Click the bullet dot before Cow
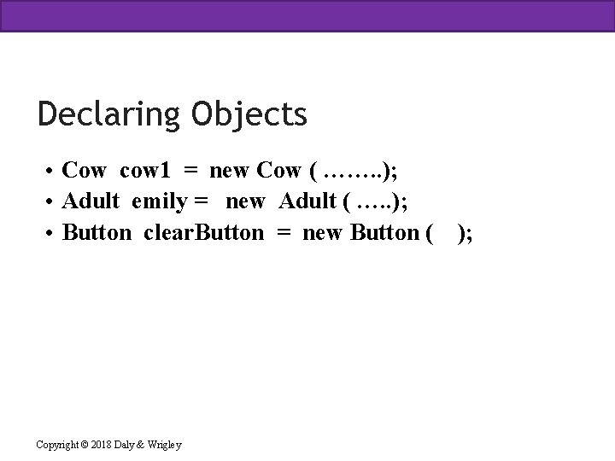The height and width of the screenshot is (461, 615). pyautogui.click(x=51, y=172)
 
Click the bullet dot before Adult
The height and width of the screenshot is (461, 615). pyautogui.click(x=51, y=202)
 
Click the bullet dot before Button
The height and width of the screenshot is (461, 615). pyautogui.click(x=51, y=233)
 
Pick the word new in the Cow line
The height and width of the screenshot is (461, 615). pyautogui.click(x=229, y=172)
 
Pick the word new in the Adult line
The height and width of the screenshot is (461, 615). pyautogui.click(x=245, y=202)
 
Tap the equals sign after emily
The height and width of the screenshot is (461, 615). pyautogui.click(x=203, y=202)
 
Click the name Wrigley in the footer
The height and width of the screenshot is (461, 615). pyautogui.click(x=165, y=443)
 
